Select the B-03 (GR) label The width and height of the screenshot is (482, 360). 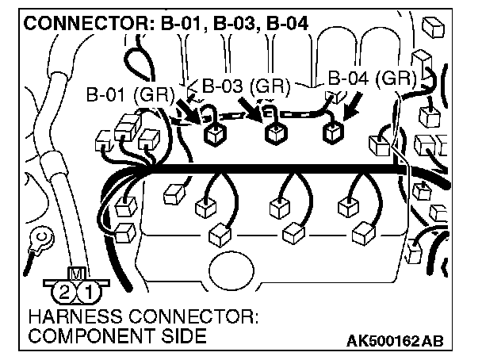(245, 86)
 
